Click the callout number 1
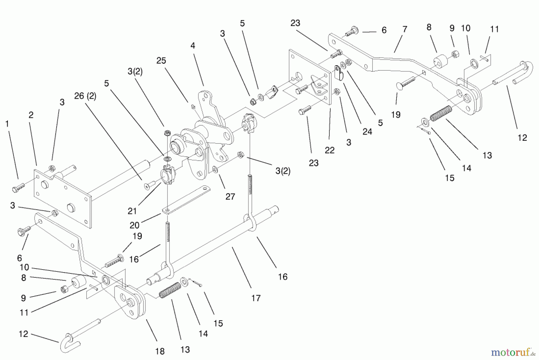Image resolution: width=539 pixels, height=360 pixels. click(7, 123)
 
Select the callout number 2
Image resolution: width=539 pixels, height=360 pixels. click(31, 115)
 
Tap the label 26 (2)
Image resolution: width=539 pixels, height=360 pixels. click(85, 96)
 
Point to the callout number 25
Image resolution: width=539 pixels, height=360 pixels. click(161, 61)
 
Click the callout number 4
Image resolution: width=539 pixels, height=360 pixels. click(193, 46)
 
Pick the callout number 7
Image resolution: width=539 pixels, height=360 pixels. click(405, 29)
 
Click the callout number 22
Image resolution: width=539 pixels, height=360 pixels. click(329, 150)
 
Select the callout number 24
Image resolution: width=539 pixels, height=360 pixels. click(367, 132)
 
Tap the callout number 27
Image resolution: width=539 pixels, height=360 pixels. click(230, 197)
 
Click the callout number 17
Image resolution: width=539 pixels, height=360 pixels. click(256, 298)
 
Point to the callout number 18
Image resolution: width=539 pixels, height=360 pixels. click(160, 351)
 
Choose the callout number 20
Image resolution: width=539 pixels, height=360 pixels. click(134, 225)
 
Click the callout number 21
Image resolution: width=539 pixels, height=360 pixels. click(132, 211)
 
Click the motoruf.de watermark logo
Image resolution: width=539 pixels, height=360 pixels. click(513, 353)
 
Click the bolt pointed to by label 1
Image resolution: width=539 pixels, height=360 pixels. click(18, 187)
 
